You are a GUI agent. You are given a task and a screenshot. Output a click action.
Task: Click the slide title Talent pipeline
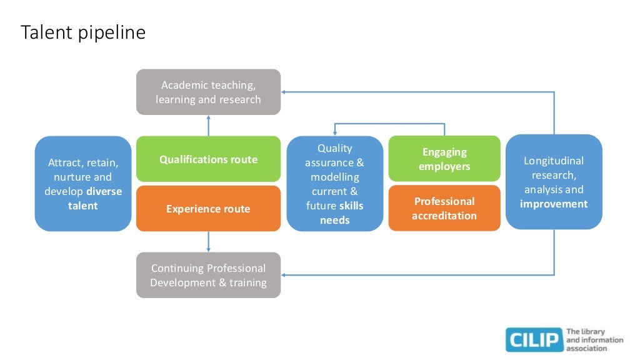[83, 32]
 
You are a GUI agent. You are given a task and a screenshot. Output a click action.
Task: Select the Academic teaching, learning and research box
[208, 92]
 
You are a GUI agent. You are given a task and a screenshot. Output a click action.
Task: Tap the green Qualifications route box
[208, 159]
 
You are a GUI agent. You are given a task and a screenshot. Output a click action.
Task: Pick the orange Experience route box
[208, 209]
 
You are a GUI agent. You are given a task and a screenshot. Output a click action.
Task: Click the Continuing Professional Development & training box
[208, 275]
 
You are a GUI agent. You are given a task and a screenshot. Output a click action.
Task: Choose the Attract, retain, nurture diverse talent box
[83, 184]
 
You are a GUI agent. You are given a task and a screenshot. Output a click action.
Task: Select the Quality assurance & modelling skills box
[335, 184]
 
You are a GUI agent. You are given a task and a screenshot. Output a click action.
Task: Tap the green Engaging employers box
[444, 159]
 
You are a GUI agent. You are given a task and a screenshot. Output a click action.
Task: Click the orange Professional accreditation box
[444, 208]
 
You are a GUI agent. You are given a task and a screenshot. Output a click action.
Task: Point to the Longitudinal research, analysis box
[554, 182]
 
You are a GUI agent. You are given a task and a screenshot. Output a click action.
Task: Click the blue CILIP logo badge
[534, 339]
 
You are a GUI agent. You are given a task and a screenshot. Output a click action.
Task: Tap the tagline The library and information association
[594, 339]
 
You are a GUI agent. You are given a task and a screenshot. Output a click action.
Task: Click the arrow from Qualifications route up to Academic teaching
[209, 125]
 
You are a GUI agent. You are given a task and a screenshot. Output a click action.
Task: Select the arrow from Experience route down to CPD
[209, 242]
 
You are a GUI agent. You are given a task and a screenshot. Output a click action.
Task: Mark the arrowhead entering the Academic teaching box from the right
[283, 92]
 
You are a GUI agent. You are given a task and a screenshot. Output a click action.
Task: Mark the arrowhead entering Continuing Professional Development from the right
[283, 275]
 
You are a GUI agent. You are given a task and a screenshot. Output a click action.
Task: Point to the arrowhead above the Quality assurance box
[335, 134]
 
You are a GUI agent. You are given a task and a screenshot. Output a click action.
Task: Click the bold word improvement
[554, 204]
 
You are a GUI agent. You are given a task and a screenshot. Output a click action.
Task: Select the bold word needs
[335, 220]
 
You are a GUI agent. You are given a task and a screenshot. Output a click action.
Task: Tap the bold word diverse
[104, 191]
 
